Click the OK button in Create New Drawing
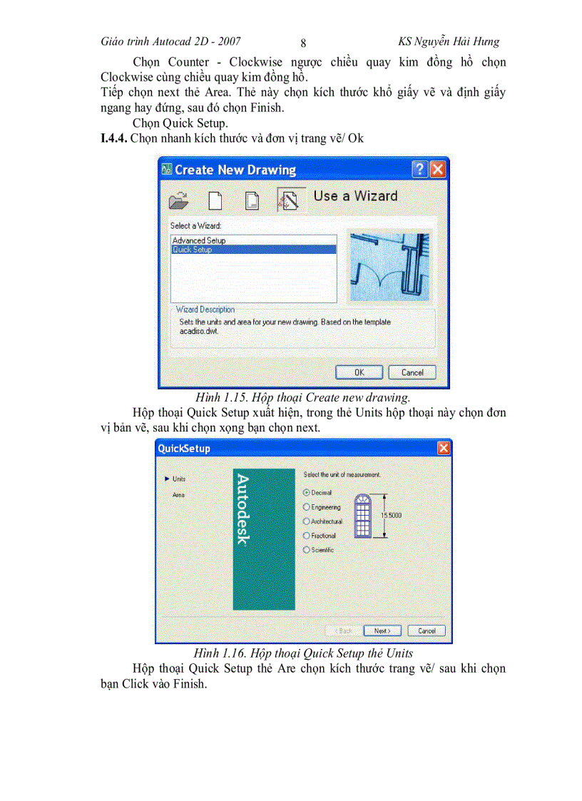click(359, 372)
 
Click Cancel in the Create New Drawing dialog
click(412, 372)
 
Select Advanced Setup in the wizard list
click(199, 240)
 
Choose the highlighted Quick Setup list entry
click(193, 250)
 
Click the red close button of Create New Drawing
click(437, 170)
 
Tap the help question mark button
click(421, 170)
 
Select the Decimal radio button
click(307, 493)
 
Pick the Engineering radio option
click(307, 507)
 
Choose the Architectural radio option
click(307, 521)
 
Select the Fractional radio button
click(307, 536)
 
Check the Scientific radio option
click(307, 550)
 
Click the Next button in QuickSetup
click(382, 631)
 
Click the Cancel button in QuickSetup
click(427, 631)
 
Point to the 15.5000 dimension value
click(391, 515)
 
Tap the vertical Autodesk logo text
click(242, 509)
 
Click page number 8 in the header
click(303, 43)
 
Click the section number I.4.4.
click(114, 138)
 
